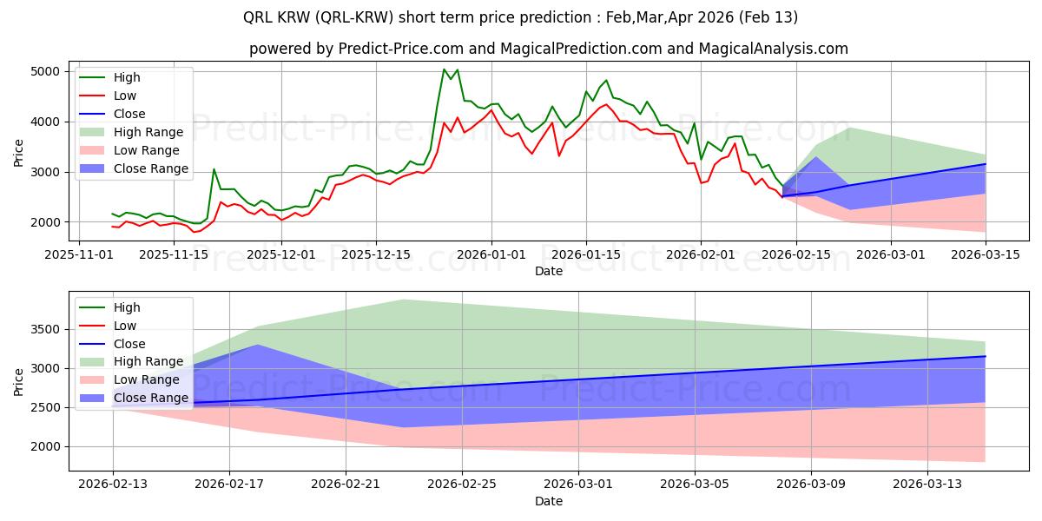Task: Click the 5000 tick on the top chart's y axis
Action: (x=45, y=71)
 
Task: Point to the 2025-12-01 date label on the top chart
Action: (x=281, y=254)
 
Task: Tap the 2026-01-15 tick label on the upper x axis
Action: (x=585, y=254)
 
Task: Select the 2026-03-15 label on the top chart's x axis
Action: (x=986, y=254)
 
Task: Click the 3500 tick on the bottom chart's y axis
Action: (x=45, y=329)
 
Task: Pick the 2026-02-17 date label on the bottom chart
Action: (x=229, y=484)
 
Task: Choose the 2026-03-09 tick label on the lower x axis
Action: (x=811, y=484)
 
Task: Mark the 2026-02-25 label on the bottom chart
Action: (x=462, y=484)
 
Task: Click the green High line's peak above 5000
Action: (x=444, y=69)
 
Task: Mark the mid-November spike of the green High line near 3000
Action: (x=214, y=168)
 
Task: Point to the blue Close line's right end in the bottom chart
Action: (x=986, y=356)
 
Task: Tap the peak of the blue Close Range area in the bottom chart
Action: (x=258, y=345)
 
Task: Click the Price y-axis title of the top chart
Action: (x=18, y=153)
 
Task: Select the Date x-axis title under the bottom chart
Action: (x=549, y=501)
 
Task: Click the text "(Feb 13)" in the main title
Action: (x=768, y=17)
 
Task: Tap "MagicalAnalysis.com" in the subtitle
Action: (x=774, y=49)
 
